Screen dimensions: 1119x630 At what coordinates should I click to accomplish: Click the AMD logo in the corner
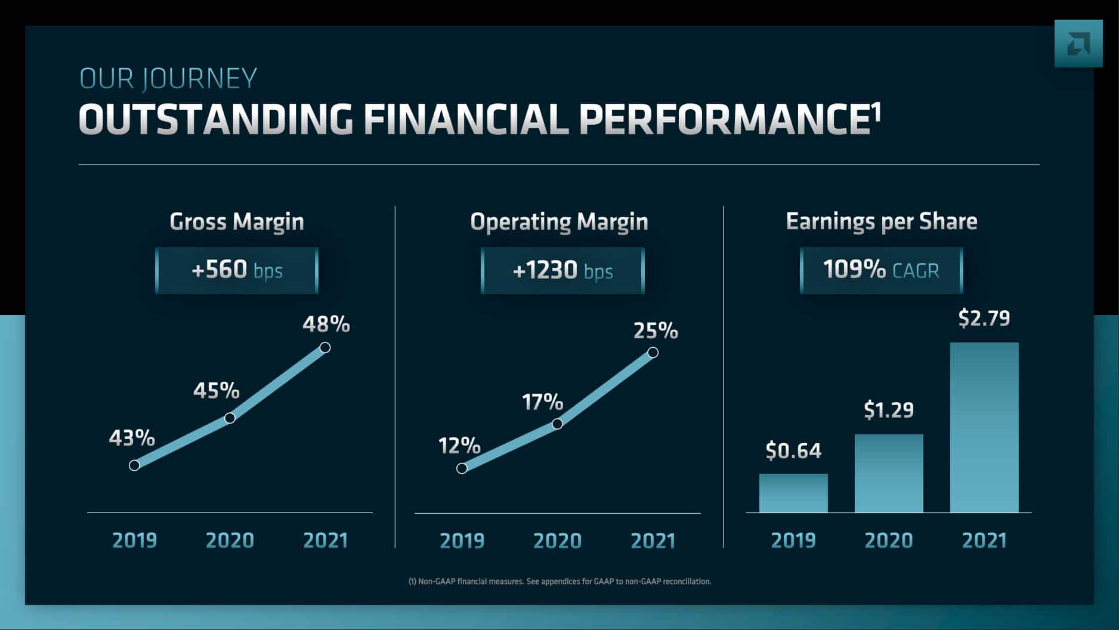(x=1078, y=44)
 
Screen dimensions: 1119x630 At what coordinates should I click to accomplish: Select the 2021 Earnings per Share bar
(x=984, y=427)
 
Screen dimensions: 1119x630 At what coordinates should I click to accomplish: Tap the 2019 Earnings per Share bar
(x=793, y=493)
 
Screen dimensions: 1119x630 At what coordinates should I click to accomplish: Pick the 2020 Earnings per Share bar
(x=889, y=473)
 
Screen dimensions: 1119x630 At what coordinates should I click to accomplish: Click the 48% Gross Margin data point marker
(x=325, y=347)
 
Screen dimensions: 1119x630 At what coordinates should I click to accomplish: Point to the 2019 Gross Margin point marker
(x=134, y=465)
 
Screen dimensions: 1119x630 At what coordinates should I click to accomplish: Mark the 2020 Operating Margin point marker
(x=557, y=424)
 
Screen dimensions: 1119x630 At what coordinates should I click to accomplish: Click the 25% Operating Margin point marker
(x=653, y=353)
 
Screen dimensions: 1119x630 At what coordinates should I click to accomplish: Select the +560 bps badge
(x=237, y=270)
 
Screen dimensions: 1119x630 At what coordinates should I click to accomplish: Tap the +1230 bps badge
(x=562, y=271)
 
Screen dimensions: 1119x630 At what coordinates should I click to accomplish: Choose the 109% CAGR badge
(x=881, y=270)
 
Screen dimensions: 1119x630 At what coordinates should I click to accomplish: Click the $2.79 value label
(x=984, y=318)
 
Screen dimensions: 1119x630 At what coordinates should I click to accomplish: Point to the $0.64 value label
(x=793, y=450)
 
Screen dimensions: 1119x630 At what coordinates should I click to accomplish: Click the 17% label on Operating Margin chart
(x=543, y=402)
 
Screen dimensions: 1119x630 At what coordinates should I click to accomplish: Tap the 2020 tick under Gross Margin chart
(x=230, y=540)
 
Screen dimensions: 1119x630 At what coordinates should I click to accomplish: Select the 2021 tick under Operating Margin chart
(x=653, y=541)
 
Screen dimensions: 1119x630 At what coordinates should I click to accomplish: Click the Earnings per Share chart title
(x=882, y=221)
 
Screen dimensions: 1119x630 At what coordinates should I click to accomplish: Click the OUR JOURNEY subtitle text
(x=168, y=78)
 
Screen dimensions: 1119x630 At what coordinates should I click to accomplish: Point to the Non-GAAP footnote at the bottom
(x=559, y=581)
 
